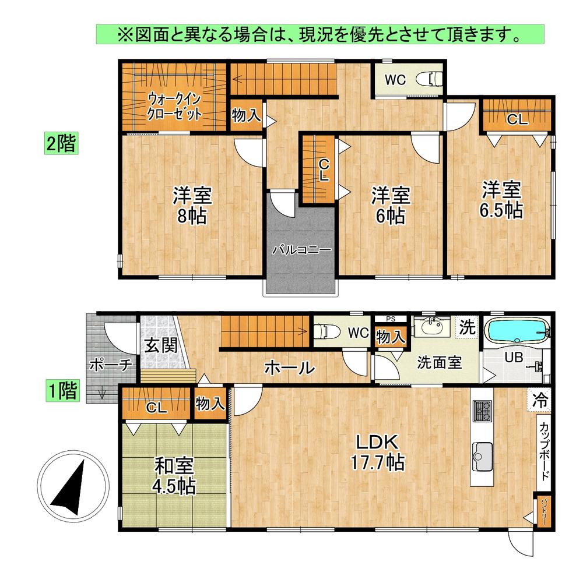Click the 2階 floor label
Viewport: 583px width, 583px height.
(61, 143)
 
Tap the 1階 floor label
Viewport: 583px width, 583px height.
(62, 390)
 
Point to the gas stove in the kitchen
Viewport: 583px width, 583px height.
(483, 411)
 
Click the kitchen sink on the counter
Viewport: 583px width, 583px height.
(483, 456)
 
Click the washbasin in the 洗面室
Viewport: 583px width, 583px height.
(432, 327)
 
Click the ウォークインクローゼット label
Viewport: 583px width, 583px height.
(174, 107)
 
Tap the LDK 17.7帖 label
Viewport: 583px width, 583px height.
(378, 452)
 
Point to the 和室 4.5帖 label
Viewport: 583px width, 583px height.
(174, 476)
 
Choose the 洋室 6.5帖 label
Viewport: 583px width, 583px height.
(501, 200)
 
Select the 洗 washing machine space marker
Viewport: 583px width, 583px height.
(467, 327)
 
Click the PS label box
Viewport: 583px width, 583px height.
(391, 319)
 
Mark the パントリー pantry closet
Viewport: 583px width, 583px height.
(542, 511)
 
